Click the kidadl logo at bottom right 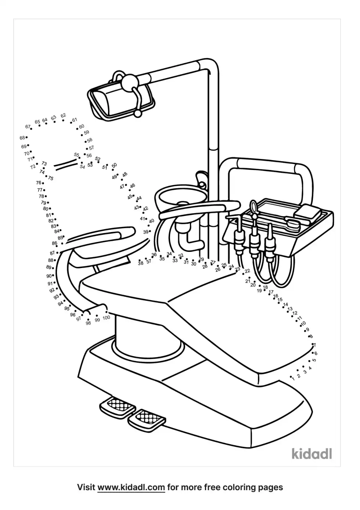312,453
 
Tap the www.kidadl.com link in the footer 131,488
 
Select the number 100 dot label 106,318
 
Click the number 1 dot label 293,379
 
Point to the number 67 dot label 28,127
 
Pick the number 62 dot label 63,115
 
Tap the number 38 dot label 140,263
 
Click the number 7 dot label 314,345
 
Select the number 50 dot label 114,165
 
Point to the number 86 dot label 55,243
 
